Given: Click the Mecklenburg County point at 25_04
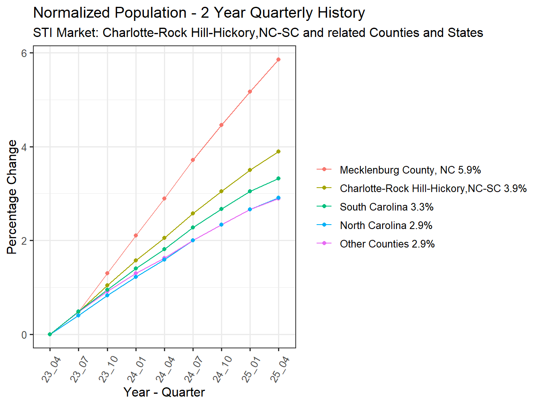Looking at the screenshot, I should pos(278,59).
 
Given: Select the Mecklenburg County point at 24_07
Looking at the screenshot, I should pos(193,160).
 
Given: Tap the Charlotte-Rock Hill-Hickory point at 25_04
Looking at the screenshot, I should pos(278,151).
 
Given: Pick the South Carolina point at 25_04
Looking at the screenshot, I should pos(278,178).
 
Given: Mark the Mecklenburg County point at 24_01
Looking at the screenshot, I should pos(136,235).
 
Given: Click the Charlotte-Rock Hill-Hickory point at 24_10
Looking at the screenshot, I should pos(221,191).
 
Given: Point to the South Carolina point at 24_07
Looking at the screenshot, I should pos(193,227).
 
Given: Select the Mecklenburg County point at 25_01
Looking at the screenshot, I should pos(250,92).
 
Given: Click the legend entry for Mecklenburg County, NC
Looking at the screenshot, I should pos(410,170).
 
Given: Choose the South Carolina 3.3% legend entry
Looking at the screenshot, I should pos(386,207).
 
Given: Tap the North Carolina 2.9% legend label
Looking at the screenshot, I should pos(386,225).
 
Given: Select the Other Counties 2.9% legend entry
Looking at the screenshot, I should pos(387,244).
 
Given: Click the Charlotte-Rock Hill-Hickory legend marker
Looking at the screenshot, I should pos(324,188).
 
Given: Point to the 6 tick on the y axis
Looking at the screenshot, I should pos(25,53).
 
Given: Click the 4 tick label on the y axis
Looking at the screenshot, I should pos(25,147).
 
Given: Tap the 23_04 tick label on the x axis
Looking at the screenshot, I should pos(51,370).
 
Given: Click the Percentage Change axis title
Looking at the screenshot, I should pos(12,197).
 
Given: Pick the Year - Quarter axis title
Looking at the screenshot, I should pos(164,392).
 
